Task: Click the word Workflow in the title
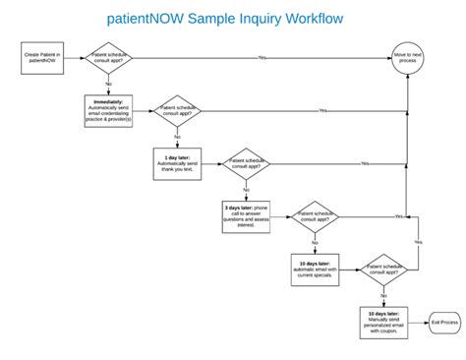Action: pos(309,19)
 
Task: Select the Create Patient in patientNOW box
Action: pos(42,58)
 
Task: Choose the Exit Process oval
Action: pos(443,322)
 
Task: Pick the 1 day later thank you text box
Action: pos(177,163)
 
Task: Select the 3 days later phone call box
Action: pos(246,216)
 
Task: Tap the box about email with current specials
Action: pos(315,270)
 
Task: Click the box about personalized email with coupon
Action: pos(383,322)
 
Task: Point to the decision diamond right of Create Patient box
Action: pos(109,58)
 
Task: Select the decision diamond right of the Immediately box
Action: pos(178,110)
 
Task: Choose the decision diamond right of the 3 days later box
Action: pos(315,216)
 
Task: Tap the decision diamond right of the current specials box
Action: pos(383,270)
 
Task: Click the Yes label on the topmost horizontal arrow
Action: pos(262,58)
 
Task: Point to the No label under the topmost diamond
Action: pos(109,85)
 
